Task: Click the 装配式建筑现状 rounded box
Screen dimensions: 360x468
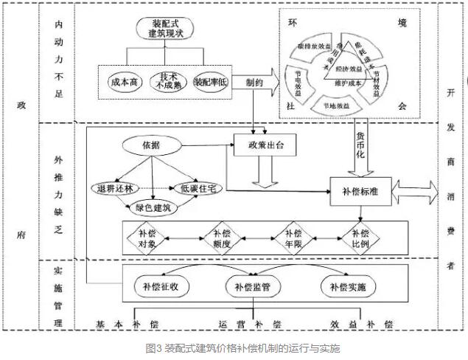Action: coord(165,29)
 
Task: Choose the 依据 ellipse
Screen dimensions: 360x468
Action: coord(150,145)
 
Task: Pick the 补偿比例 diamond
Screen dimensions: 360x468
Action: coord(359,238)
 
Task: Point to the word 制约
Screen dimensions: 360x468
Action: coord(255,83)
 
